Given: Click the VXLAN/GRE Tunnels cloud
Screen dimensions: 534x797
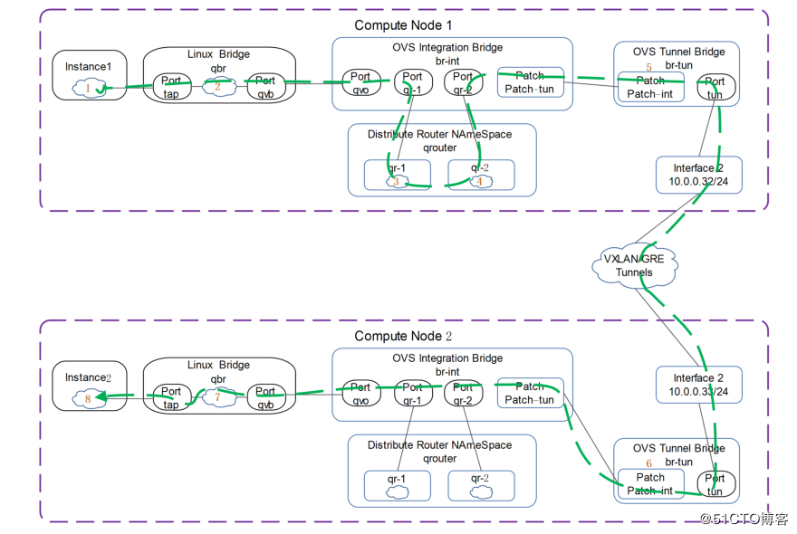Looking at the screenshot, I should coord(634,265).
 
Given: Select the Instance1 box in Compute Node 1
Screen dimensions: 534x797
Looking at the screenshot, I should coord(89,75).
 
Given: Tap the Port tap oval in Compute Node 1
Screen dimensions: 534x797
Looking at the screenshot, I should coord(171,86).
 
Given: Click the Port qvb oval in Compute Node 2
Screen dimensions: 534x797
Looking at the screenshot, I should coord(265,397).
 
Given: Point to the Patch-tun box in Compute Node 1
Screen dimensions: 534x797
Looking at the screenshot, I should coord(530,81).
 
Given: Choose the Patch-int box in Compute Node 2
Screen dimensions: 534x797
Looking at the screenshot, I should coord(650,484).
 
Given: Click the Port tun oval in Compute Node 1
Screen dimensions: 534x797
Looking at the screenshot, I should coord(715,89).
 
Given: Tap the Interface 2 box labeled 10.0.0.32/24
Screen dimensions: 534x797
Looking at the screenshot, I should coord(698,175).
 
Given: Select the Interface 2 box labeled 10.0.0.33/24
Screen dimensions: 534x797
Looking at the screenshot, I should coord(698,385).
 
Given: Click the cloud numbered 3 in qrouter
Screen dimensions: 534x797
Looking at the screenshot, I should coord(397,180).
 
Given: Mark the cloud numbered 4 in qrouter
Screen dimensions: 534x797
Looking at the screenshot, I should coord(480,180).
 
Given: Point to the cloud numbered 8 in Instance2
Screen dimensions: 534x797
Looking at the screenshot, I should coord(86,396).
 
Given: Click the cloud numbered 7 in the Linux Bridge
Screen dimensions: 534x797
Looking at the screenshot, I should coord(217,396).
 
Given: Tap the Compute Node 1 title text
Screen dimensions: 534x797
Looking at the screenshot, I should coord(403,25).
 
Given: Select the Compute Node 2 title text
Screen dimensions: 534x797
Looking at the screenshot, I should coord(403,336).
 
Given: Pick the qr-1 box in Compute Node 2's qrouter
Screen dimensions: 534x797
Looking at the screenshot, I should coord(397,486).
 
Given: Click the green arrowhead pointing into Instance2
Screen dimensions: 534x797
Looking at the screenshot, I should coord(102,396).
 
